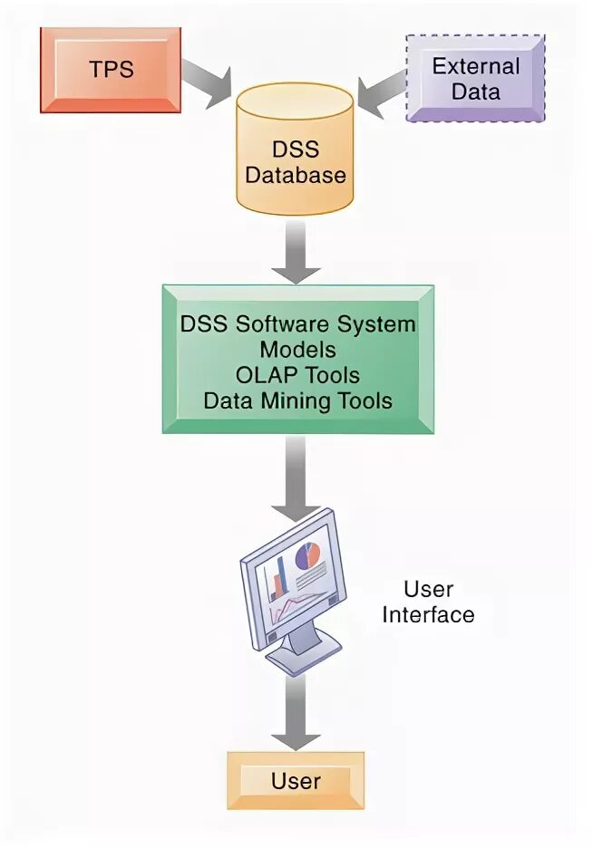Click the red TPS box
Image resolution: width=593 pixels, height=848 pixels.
110,70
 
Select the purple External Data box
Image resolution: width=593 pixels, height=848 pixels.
475,78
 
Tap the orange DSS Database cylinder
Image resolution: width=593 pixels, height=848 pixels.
296,149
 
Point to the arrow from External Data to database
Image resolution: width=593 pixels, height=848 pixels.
380,89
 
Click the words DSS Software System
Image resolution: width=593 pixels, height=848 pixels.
297,324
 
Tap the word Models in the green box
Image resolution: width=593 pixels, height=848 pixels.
297,350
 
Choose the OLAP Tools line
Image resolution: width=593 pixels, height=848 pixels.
297,375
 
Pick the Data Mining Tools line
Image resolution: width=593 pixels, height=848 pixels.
297,400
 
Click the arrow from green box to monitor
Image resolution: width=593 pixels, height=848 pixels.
296,476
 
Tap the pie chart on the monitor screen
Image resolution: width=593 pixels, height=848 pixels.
308,554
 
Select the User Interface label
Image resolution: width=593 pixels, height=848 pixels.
428,602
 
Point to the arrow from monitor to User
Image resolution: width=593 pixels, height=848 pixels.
296,711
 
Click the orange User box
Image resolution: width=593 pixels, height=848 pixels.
296,780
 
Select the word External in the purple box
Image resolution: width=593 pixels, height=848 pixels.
475,66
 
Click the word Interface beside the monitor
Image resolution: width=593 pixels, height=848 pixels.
428,614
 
